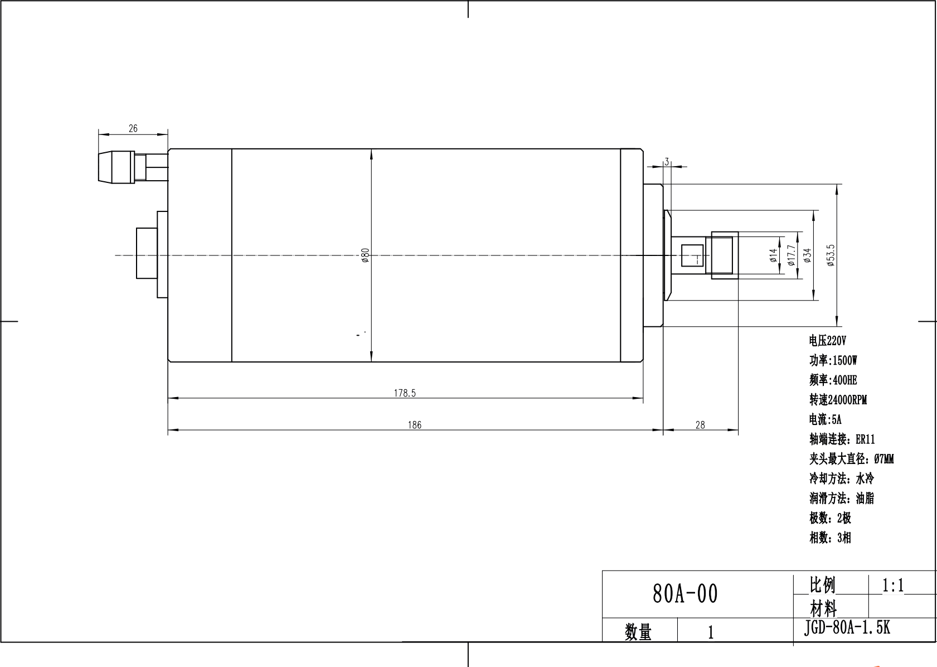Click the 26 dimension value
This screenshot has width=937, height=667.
[x=133, y=128]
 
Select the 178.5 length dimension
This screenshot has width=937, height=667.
[x=405, y=393]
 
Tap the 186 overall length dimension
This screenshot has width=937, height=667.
[x=414, y=425]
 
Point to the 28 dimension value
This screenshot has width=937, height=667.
[x=700, y=425]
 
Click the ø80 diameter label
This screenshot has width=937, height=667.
[x=366, y=255]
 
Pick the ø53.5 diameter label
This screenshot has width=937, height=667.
[x=831, y=255]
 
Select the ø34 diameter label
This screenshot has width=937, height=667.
[x=808, y=255]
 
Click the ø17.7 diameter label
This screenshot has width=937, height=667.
[x=791, y=255]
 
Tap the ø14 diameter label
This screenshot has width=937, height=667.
[x=773, y=255]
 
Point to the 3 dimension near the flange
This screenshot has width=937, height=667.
[x=667, y=162]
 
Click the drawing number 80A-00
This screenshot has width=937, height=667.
[x=685, y=594]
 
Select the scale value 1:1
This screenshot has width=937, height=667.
[x=893, y=585]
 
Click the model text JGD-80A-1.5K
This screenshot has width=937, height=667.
[x=847, y=628]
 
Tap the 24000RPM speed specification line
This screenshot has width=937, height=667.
[x=838, y=400]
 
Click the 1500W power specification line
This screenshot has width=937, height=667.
[x=833, y=360]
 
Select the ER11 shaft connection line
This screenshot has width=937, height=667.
[x=842, y=439]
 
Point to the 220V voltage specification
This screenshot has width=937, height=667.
[x=827, y=341]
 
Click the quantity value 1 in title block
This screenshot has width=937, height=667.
[x=711, y=632]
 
